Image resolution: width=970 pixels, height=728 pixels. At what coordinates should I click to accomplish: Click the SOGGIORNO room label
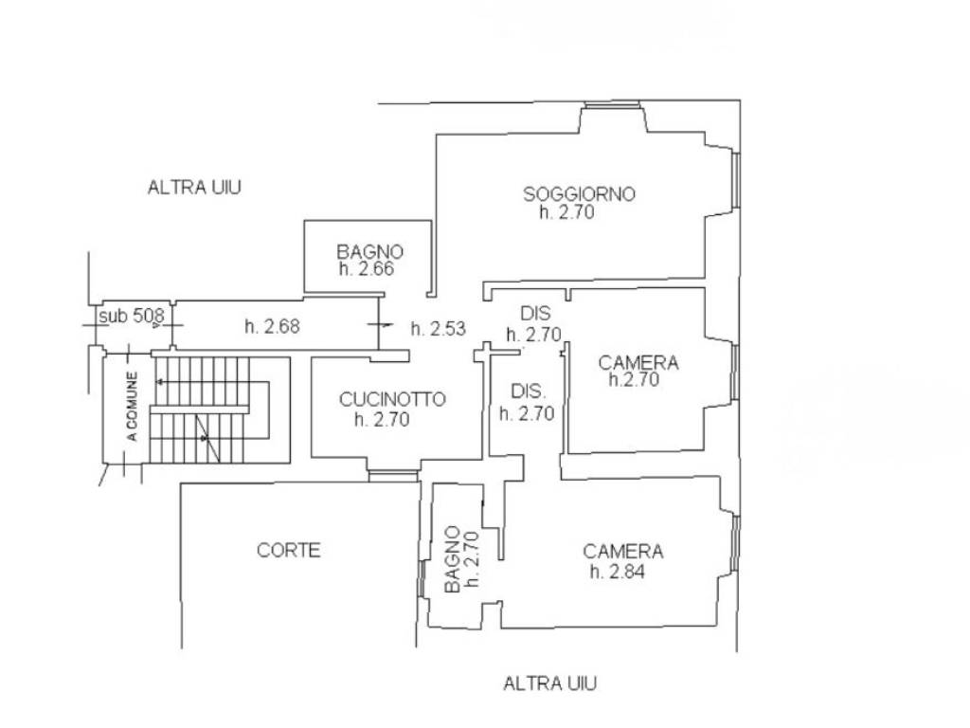pos(579,193)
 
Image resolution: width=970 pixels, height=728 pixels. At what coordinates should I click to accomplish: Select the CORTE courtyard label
pos(288,550)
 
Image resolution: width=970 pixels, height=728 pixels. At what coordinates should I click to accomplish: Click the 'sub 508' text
pos(132,316)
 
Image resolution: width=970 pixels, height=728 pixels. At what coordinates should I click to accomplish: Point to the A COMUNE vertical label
pos(133,406)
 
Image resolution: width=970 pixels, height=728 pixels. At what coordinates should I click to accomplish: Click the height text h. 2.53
pos(438,328)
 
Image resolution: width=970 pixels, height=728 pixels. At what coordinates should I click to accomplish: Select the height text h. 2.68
pos(272,326)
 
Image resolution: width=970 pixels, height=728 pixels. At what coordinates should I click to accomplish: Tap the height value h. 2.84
pos(618,572)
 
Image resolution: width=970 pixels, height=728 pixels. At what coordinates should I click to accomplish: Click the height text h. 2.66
pos(367,268)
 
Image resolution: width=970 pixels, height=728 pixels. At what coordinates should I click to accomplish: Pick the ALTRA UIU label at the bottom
pos(550,683)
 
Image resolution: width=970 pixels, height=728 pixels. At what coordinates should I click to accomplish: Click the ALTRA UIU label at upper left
pos(194,187)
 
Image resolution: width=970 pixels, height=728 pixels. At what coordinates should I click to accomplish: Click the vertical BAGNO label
pos(453,559)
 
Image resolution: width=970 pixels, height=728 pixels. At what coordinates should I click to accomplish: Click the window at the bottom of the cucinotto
pos(393,476)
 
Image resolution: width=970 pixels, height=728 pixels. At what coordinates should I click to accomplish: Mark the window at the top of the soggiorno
pos(613,104)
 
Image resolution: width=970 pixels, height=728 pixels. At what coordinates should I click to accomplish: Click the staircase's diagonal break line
pos(207,438)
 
